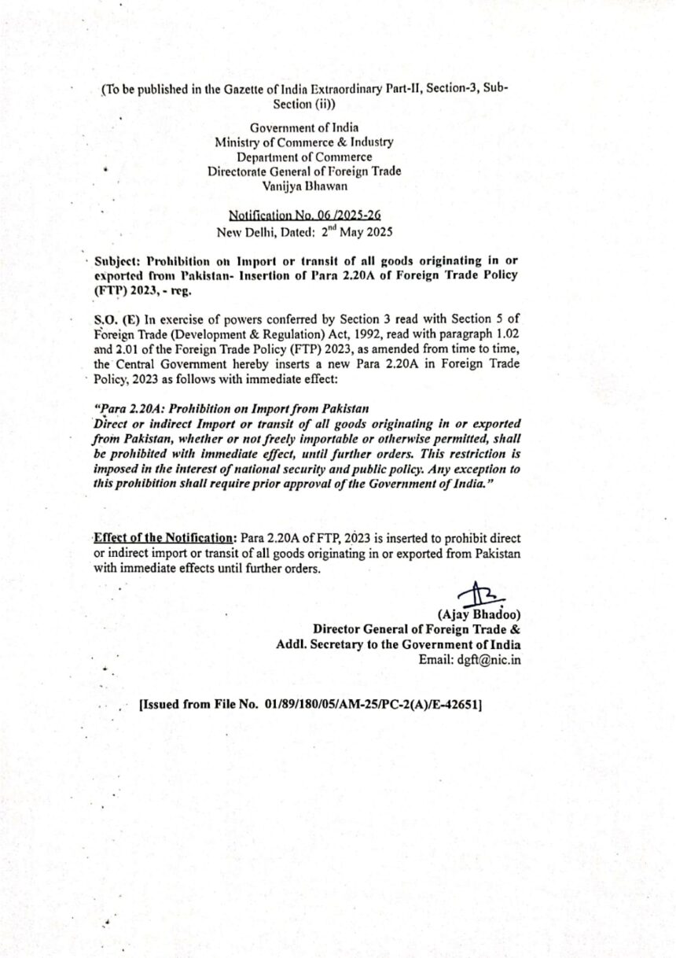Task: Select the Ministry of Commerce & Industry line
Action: point(304,142)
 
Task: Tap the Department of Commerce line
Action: point(304,157)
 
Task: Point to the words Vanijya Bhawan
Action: point(304,186)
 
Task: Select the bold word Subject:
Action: point(117,260)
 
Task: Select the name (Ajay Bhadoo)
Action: point(479,614)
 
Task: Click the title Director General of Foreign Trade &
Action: point(416,629)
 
